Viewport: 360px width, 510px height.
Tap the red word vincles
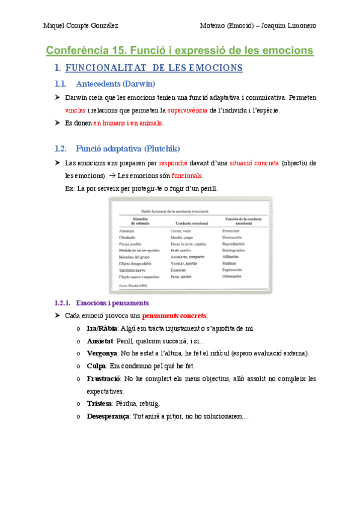click(75, 110)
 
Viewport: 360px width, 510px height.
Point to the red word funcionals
click(187, 176)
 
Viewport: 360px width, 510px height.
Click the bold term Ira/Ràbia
click(102, 328)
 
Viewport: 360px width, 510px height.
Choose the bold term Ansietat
click(100, 341)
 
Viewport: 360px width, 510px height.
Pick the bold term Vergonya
click(102, 354)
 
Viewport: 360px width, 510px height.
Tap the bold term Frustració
click(103, 379)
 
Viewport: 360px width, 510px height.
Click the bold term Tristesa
click(100, 404)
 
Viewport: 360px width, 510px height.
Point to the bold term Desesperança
click(108, 416)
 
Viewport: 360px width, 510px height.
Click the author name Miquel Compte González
click(81, 25)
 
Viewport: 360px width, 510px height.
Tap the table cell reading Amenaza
click(127, 230)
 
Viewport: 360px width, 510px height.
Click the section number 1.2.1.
click(63, 303)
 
